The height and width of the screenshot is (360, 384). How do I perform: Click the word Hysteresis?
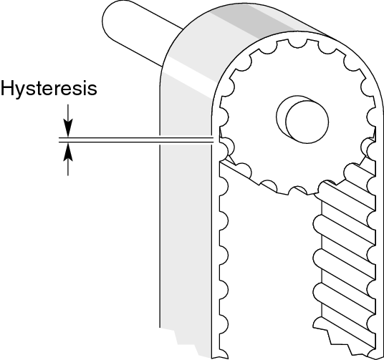(x=49, y=89)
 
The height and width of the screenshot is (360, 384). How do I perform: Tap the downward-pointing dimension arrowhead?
(x=68, y=128)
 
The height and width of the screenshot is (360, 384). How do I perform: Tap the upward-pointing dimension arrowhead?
(x=68, y=152)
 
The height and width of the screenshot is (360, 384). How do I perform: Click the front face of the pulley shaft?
(x=307, y=122)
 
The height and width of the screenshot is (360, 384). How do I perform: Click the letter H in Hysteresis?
(x=8, y=88)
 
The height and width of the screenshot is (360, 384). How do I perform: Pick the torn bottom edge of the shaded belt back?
(x=186, y=343)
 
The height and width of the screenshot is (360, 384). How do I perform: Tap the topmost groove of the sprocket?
(x=297, y=44)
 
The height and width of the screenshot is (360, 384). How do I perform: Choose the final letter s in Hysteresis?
(x=92, y=89)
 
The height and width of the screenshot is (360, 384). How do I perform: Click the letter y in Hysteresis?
(x=21, y=92)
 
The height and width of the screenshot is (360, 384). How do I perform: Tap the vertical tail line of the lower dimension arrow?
(x=68, y=168)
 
